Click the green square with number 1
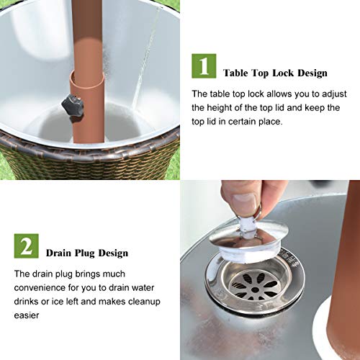[x=204, y=66]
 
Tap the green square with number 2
[x=26, y=246]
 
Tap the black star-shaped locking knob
[x=73, y=106]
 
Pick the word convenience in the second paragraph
[x=40, y=287]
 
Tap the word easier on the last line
[x=27, y=315]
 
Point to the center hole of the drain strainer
[x=255, y=290]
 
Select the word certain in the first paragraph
[x=242, y=122]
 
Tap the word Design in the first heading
[x=312, y=73]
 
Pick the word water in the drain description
[x=143, y=288]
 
